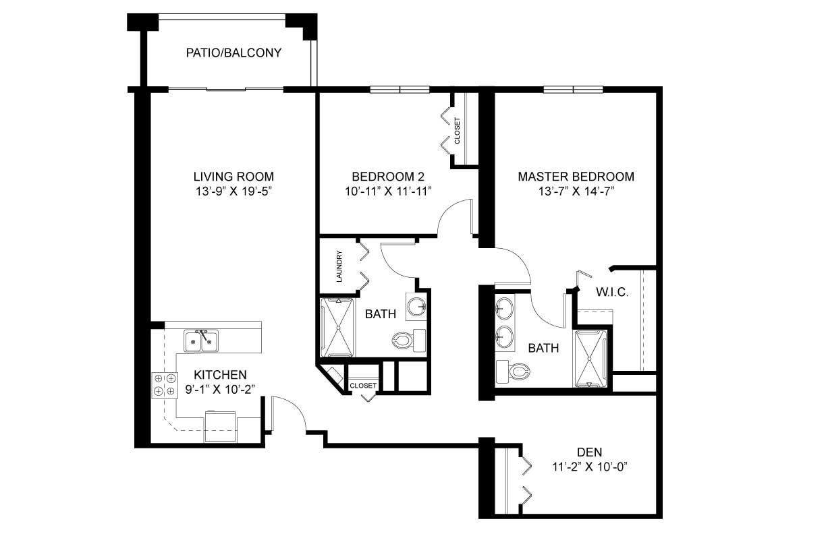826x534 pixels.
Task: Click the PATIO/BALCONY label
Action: pyautogui.click(x=233, y=53)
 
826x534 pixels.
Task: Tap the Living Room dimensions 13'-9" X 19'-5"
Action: pyautogui.click(x=233, y=191)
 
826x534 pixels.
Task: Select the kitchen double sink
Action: pyautogui.click(x=201, y=340)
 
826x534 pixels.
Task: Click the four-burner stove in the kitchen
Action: pyautogui.click(x=165, y=385)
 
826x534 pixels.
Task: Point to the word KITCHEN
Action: pyautogui.click(x=220, y=375)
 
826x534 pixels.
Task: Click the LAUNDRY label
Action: pyautogui.click(x=339, y=266)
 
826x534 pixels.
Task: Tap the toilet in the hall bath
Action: pyautogui.click(x=408, y=340)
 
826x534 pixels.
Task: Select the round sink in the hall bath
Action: pyautogui.click(x=416, y=307)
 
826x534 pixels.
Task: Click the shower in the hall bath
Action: pyautogui.click(x=336, y=328)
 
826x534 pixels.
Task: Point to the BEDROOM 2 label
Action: pyautogui.click(x=388, y=177)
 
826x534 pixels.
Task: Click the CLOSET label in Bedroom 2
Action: pyautogui.click(x=458, y=130)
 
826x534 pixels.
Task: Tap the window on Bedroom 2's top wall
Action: pyautogui.click(x=400, y=89)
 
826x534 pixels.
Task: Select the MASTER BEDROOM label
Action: pyautogui.click(x=576, y=177)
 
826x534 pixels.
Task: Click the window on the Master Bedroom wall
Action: pyautogui.click(x=574, y=89)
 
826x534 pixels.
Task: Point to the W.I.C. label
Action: pyautogui.click(x=612, y=292)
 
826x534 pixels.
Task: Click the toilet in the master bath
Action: pyautogui.click(x=513, y=371)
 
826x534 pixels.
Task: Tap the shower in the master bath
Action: pyautogui.click(x=589, y=359)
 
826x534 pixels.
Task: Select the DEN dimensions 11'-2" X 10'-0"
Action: pyautogui.click(x=589, y=467)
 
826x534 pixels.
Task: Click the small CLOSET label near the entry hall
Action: pyautogui.click(x=363, y=386)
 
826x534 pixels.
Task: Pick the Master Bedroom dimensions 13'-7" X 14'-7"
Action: pyautogui.click(x=576, y=191)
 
